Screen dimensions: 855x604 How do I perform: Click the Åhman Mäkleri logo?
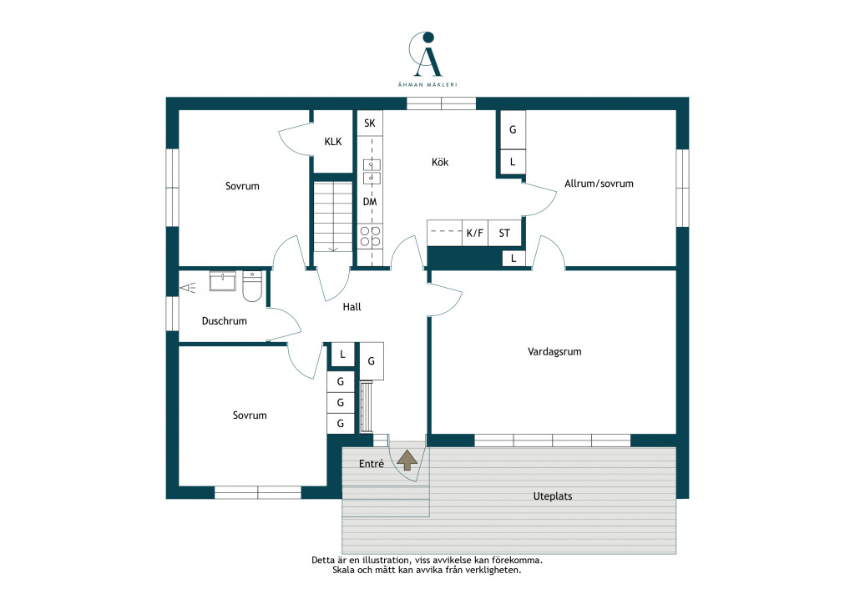coord(427,58)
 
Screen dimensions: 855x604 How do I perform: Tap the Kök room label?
coord(440,163)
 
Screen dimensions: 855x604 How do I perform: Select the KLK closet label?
coord(333,142)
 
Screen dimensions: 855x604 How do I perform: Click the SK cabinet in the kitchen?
coord(370,123)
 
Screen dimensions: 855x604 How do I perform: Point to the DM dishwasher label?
coord(370,202)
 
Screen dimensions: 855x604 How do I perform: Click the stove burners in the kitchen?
coord(370,237)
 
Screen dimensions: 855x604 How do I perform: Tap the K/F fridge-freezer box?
coord(475,233)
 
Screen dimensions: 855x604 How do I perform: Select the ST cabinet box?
coord(504,233)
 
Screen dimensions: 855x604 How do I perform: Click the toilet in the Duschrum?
coord(252,286)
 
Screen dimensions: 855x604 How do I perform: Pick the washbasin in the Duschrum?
coord(222,281)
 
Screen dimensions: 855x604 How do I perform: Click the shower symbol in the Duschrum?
coord(188,287)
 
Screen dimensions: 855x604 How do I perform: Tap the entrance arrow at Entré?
coord(407,461)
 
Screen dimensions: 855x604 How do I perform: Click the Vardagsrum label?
coord(554,352)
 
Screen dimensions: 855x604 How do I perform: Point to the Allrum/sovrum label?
coord(599,184)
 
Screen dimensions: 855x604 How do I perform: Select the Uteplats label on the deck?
coord(553,496)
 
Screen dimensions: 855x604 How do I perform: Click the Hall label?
coord(352,307)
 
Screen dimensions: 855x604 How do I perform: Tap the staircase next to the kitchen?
coord(333,217)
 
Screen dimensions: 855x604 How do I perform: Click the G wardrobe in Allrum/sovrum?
coord(513,129)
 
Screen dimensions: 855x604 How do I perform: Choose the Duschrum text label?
coord(224,321)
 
